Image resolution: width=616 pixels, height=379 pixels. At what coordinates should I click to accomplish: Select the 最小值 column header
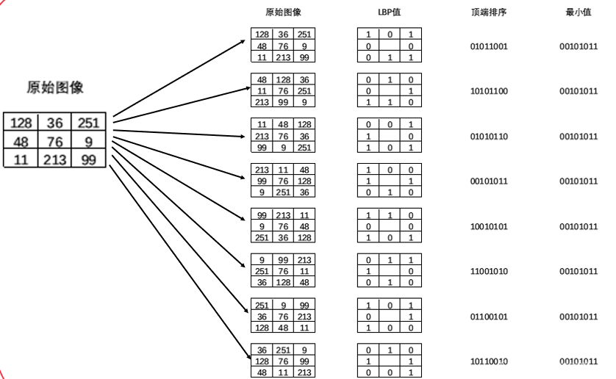tap(577, 12)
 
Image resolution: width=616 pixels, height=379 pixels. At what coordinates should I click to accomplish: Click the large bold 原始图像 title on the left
tap(55, 87)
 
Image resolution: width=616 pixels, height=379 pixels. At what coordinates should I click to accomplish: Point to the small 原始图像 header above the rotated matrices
tap(283, 12)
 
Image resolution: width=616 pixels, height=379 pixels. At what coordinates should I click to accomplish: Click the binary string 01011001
tap(489, 46)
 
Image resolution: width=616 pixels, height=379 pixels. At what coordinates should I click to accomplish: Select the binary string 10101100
tap(489, 92)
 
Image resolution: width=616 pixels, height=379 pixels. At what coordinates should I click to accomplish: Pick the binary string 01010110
tap(489, 137)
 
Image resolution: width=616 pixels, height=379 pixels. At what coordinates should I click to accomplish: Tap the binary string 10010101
tap(489, 226)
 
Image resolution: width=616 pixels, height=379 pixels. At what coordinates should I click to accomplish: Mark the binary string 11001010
tap(489, 271)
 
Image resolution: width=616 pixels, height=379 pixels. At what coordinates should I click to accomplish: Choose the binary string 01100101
tap(489, 317)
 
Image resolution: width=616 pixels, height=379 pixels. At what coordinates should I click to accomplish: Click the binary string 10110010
tap(489, 361)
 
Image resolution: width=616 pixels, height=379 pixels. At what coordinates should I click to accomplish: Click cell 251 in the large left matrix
tap(93, 123)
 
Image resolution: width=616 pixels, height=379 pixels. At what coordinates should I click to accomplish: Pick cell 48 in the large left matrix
tap(21, 141)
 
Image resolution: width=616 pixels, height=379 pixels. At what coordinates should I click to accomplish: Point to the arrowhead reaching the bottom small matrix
tap(244, 359)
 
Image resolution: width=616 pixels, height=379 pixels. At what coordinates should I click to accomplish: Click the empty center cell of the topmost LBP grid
tap(390, 46)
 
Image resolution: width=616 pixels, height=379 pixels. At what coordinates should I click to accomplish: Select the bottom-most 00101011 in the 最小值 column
tap(578, 361)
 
